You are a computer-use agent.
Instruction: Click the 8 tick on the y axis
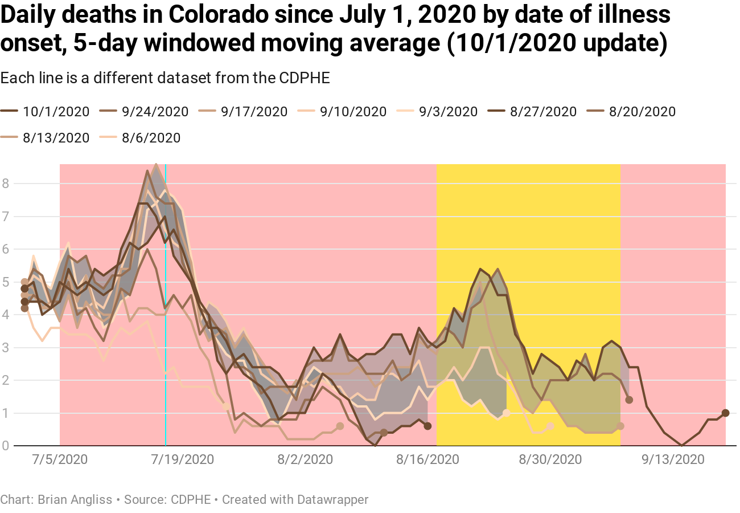coord(5,184)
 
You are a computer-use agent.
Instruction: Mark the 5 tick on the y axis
coord(5,282)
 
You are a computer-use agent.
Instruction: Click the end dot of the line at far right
coord(725,413)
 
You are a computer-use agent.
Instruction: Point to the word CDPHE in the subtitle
coord(305,78)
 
